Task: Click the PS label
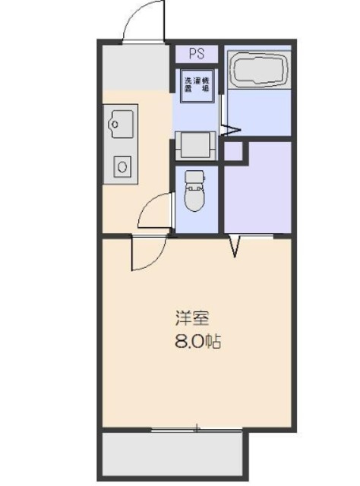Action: pos(197,54)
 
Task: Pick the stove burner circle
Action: pos(122,165)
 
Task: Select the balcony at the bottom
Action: pos(173,454)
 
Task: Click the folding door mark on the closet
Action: pos(236,245)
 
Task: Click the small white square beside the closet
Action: pos(234,150)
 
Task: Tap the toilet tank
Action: pos(195,179)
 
